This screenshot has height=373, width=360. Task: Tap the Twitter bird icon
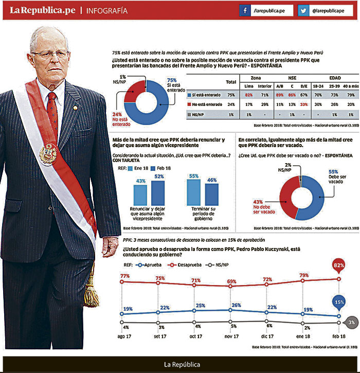304,11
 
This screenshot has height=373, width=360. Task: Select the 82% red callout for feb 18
339,266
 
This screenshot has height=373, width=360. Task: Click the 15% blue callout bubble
339,303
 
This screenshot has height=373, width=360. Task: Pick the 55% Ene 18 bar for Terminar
194,192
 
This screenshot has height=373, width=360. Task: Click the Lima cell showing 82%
249,95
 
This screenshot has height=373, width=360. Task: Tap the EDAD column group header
335,78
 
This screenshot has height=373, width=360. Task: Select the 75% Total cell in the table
231,95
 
